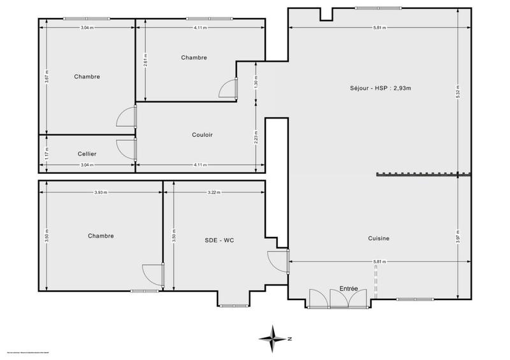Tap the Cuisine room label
click(x=379, y=238)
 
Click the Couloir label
click(x=202, y=134)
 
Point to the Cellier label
click(x=87, y=154)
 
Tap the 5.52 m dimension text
click(x=458, y=92)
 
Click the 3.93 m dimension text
click(x=100, y=192)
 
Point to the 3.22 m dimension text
click(x=214, y=192)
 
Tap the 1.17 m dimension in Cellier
click(x=47, y=154)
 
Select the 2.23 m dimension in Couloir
click(x=256, y=134)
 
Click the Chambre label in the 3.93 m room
click(x=101, y=236)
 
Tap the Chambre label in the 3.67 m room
click(x=87, y=76)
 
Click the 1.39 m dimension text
click(x=256, y=82)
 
